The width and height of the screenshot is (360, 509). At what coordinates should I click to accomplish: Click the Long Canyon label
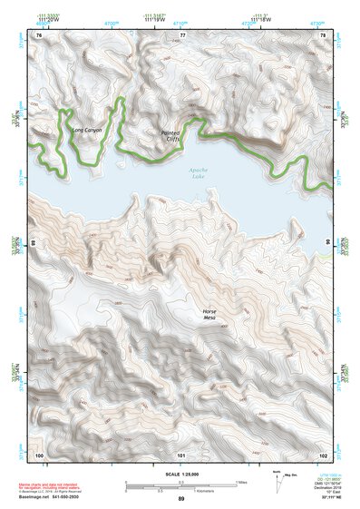click(88, 130)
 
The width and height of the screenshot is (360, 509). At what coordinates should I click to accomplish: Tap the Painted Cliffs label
click(171, 135)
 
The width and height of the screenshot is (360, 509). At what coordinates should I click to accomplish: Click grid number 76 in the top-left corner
click(38, 34)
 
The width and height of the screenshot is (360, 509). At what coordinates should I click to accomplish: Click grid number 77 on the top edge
click(182, 34)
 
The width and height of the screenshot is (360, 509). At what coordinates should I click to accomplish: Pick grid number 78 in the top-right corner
click(323, 34)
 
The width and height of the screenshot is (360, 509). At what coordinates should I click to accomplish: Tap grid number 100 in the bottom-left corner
click(39, 454)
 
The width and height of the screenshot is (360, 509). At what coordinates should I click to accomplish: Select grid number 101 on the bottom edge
click(181, 454)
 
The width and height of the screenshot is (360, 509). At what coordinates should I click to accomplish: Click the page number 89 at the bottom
click(180, 500)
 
